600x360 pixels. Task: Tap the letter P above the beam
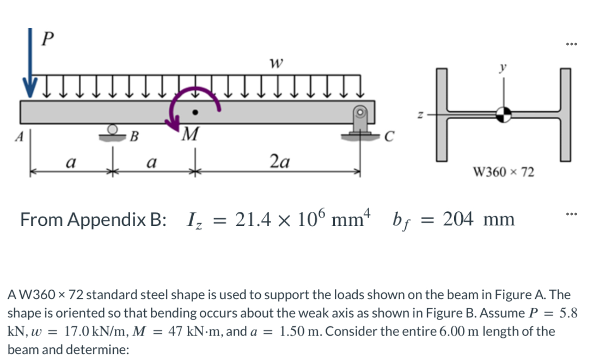pos(48,39)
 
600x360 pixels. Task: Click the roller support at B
pos(113,132)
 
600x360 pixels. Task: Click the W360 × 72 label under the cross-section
pos(504,173)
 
